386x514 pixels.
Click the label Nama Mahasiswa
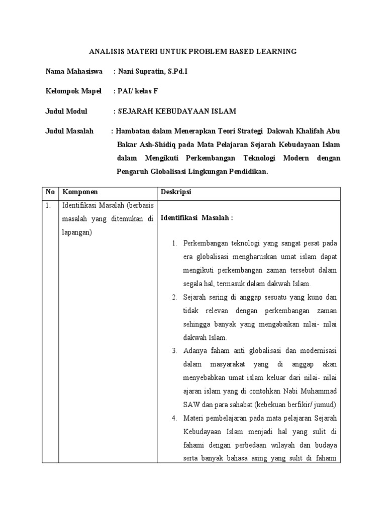click(74, 71)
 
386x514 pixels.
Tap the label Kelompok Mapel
click(73, 91)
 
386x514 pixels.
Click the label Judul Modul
click(66, 111)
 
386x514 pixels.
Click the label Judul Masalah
click(69, 131)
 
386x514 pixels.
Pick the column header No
click(50, 192)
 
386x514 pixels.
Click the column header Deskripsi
click(176, 192)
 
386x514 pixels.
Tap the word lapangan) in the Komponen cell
click(78, 233)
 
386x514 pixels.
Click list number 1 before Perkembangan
click(174, 243)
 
